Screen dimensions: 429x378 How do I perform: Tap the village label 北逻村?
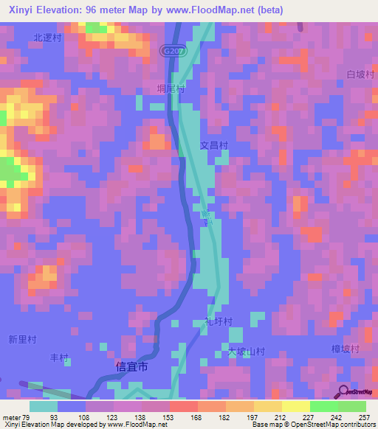tap(46, 36)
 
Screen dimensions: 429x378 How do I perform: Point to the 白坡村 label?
tap(361, 75)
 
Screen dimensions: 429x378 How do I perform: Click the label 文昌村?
tap(214, 145)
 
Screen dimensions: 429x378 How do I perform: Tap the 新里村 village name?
tap(22, 340)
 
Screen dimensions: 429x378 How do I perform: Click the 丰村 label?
tap(59, 358)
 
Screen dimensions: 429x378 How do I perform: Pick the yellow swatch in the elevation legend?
tap(295, 406)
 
